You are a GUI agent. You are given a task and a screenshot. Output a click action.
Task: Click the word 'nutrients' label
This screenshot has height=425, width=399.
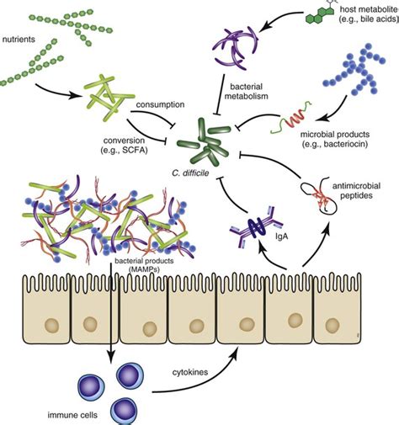point(24,39)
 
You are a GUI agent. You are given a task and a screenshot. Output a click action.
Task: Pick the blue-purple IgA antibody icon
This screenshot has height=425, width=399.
point(257,226)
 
